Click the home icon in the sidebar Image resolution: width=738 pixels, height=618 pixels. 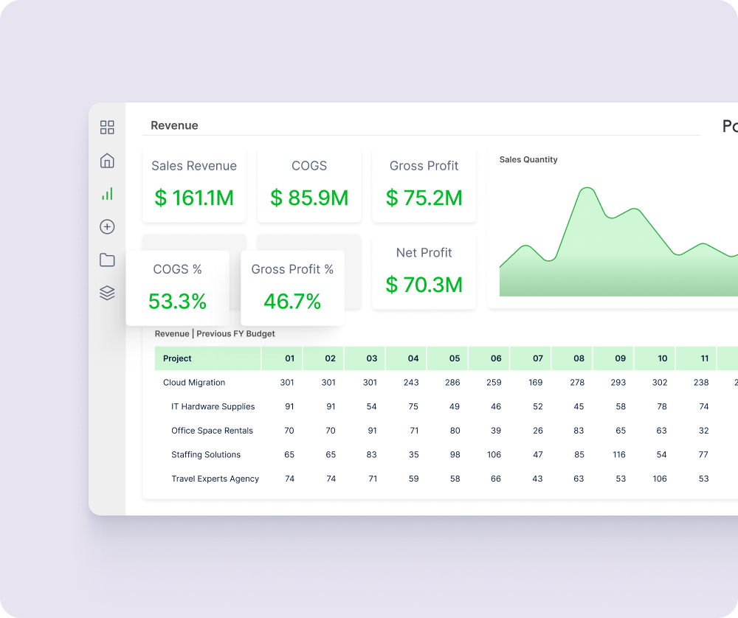[x=107, y=161]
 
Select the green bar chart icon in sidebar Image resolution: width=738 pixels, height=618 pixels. [x=107, y=194]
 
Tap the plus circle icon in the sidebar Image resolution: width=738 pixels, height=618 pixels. [x=107, y=227]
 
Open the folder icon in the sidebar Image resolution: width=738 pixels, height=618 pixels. [x=107, y=260]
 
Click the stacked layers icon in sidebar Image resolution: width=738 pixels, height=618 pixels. [x=107, y=293]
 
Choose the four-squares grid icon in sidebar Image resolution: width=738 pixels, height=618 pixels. [x=107, y=128]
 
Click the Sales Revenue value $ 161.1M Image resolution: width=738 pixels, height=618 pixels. [x=194, y=198]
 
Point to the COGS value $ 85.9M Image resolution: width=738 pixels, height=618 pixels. [x=309, y=198]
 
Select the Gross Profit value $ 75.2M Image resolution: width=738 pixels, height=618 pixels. [x=424, y=198]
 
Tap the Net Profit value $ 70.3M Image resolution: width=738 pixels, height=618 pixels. [x=424, y=284]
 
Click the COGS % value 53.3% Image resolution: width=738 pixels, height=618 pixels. [x=177, y=302]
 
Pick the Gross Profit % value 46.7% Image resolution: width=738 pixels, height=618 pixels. [x=292, y=302]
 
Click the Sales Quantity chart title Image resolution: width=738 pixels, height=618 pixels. [x=528, y=159]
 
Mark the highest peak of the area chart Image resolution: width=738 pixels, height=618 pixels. [x=587, y=189]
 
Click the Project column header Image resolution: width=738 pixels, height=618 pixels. [x=177, y=358]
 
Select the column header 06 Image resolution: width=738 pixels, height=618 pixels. [x=496, y=358]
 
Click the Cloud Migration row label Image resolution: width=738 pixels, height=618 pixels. [x=194, y=383]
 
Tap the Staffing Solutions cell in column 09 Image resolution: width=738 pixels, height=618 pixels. [x=619, y=455]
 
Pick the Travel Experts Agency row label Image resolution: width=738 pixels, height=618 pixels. [x=215, y=479]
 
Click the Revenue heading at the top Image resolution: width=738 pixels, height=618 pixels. [x=174, y=125]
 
